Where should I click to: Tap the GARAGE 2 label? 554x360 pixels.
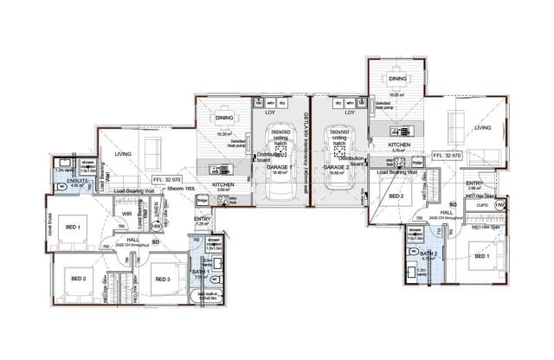coord(337,168)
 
